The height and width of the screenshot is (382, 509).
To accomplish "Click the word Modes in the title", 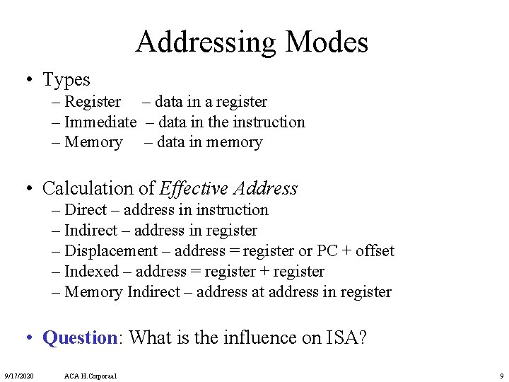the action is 327,42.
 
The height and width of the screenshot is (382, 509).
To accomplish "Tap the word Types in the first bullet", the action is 66,80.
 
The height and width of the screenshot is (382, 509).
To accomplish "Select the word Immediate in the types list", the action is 100,122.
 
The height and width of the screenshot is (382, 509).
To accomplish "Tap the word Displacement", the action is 111,251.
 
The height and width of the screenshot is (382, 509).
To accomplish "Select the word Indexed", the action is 91,272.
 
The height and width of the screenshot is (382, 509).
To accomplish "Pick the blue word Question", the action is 79,337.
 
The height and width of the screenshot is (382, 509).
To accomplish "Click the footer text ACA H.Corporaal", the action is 90,375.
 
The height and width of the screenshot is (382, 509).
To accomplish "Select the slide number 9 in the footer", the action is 501,375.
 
